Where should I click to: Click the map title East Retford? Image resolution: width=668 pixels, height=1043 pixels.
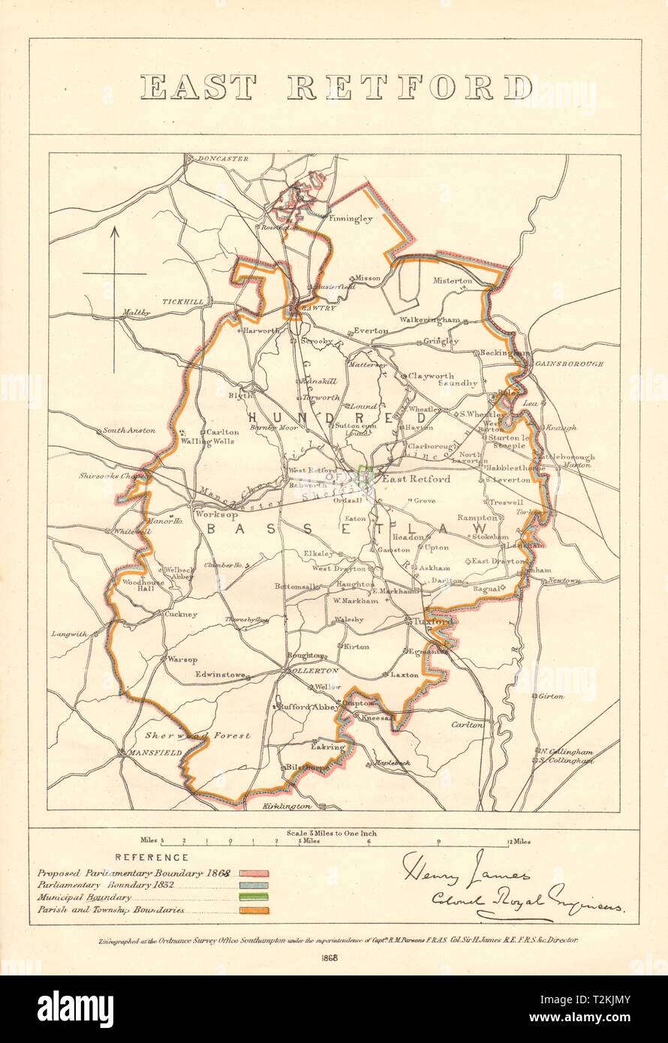336,88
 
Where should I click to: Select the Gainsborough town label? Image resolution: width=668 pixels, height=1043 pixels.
570,363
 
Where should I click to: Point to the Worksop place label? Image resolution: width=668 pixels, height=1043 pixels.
209,515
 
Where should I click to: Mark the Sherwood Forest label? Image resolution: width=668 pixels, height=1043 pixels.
198,735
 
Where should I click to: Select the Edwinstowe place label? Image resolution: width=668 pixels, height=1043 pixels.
221,675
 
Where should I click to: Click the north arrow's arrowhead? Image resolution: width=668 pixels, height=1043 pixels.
115,233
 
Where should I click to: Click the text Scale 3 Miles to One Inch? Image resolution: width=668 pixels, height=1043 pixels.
331,833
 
